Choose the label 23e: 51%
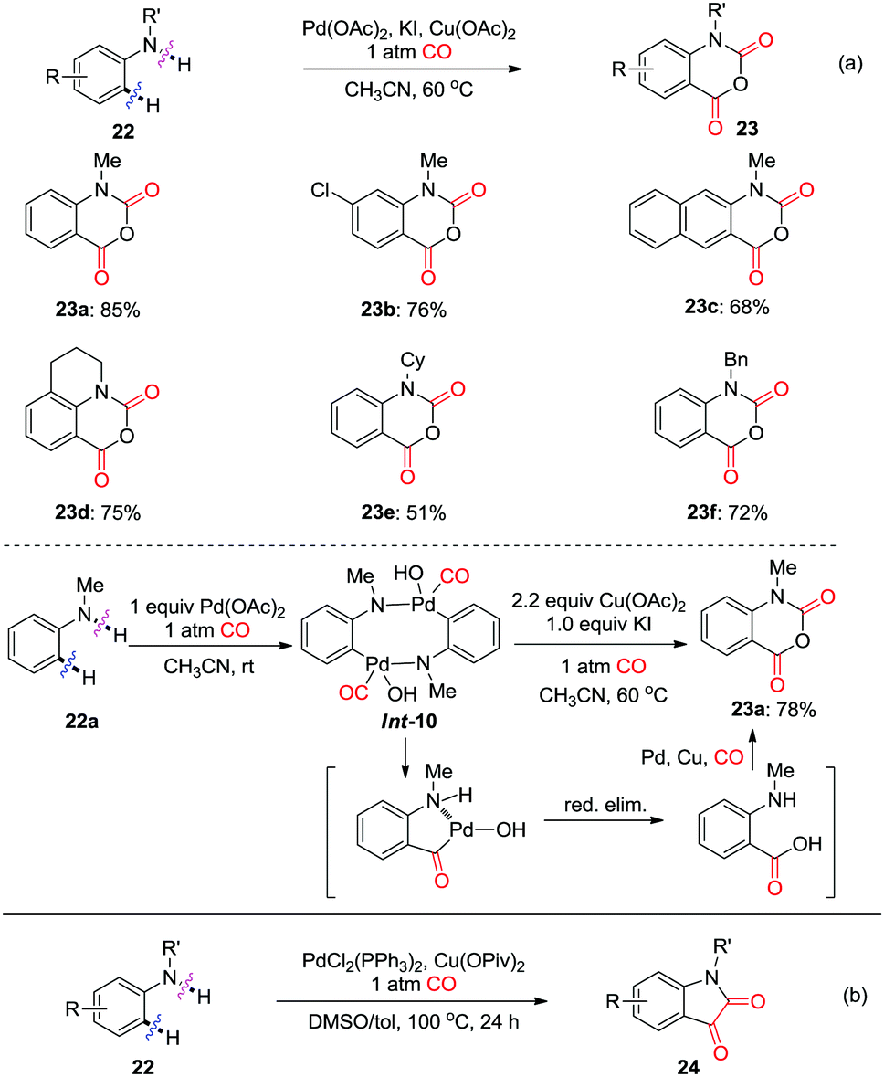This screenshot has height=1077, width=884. tap(404, 513)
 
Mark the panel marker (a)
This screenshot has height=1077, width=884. tap(853, 64)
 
